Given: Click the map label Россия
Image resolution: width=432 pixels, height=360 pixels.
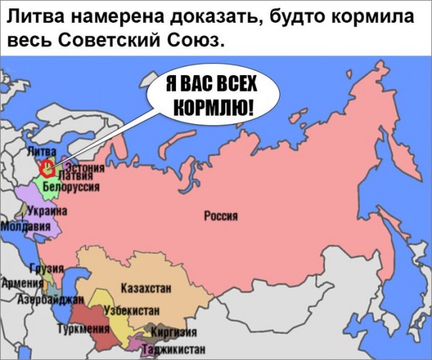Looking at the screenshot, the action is click(221, 216).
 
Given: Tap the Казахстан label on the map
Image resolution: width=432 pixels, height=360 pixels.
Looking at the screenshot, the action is click(146, 288).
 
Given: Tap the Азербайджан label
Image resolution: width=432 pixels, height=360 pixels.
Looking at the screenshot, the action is click(50, 298).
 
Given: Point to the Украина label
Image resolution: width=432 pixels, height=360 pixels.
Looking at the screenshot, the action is click(47, 212).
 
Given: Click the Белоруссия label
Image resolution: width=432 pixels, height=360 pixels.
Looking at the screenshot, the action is click(71, 186).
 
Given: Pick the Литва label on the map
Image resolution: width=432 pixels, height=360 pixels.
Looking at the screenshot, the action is click(41, 152).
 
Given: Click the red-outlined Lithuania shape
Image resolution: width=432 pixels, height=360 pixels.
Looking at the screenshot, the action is click(47, 169).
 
